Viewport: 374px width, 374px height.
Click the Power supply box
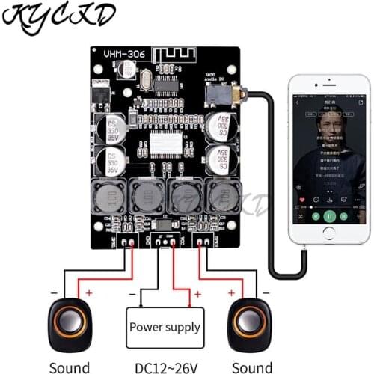click(x=165, y=326)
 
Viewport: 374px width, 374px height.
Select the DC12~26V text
click(x=164, y=367)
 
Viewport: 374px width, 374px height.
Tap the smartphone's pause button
click(x=328, y=215)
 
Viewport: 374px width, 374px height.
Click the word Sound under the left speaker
click(x=69, y=367)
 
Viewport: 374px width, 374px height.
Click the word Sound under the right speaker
click(x=252, y=367)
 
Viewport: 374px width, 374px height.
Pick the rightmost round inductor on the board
click(x=222, y=197)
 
